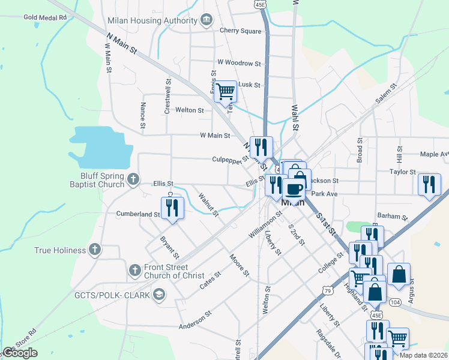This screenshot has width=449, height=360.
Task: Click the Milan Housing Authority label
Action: coord(152,20)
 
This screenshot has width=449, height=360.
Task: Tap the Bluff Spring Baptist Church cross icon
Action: coord(133,178)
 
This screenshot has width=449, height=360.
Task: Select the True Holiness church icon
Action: coord(94,250)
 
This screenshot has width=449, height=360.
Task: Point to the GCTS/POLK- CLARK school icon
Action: coord(159,293)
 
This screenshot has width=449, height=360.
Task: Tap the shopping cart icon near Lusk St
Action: coord(225,92)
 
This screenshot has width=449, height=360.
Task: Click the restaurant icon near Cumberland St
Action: coord(172,208)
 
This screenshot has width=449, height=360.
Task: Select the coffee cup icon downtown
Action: coord(294,189)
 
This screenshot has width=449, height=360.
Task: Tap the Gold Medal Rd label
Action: coord(45,17)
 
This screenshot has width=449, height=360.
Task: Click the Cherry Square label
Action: coord(240,31)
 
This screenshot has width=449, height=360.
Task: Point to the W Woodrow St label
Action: coord(239,62)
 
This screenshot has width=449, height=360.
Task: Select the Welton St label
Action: coord(189,110)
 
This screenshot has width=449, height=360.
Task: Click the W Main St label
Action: coord(215,136)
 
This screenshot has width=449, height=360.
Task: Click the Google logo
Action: coord(20,353)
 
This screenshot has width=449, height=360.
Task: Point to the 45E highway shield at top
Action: coord(260,4)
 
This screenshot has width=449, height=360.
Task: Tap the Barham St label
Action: coord(393,215)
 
